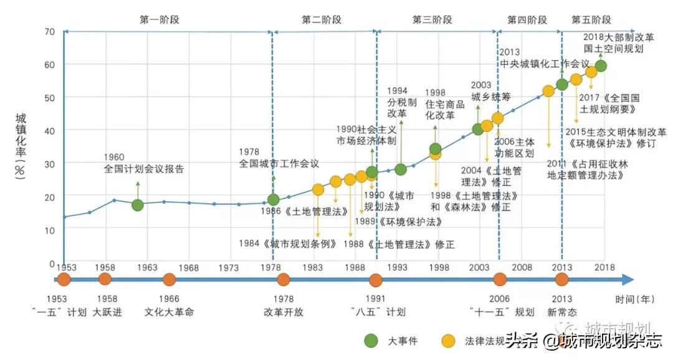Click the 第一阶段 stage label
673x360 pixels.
pos(160,19)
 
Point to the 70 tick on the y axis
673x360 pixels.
pos(50,31)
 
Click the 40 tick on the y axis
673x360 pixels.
pos(50,130)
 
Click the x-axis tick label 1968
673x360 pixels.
pos(188,268)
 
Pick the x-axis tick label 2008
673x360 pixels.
pos(522,268)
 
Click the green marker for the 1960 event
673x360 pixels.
pos(138,205)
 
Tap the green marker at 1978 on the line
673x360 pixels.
pos(273,200)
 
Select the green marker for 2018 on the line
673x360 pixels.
pos(601,66)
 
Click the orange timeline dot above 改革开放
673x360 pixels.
pos(283,280)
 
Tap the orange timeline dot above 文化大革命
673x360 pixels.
pos(169,280)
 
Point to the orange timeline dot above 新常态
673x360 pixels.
pos(562,280)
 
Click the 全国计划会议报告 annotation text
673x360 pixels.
pos(144,169)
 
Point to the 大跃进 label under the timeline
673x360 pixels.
pos(105,312)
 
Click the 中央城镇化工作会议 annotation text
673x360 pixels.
pos(544,64)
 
